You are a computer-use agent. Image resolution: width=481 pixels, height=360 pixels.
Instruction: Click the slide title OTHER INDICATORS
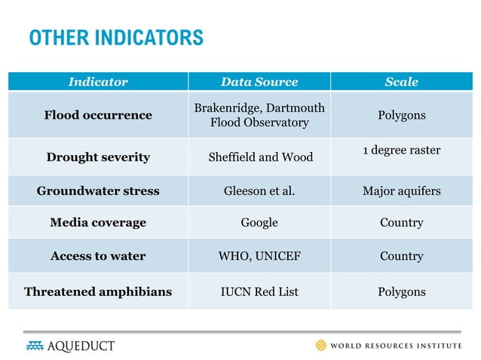coord(116,37)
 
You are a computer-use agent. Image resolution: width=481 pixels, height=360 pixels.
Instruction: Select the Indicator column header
coord(98,81)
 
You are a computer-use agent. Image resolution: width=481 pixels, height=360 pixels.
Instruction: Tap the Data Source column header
coord(259,81)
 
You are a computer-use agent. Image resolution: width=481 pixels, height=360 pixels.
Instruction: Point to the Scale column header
coord(401,81)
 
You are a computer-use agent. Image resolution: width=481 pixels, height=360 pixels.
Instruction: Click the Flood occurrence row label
coord(98,115)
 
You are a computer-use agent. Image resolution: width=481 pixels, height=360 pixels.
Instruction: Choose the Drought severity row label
coord(98,157)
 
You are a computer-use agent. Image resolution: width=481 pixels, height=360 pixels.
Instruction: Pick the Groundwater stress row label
coord(98,191)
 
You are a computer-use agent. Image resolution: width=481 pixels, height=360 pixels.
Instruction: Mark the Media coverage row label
coord(98,223)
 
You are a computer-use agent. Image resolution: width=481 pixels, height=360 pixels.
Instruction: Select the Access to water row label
coord(98,256)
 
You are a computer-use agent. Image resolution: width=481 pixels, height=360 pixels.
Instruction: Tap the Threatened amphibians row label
coord(98,291)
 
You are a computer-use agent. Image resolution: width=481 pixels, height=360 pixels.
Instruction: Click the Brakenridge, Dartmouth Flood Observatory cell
coord(259,115)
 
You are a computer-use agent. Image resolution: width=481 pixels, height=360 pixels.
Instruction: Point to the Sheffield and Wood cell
coord(259,157)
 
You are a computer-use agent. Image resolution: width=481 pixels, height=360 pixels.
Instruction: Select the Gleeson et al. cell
coord(259,191)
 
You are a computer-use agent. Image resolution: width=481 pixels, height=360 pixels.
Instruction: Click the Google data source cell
coord(259,223)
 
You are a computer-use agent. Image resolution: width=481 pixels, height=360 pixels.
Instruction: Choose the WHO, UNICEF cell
coord(259,256)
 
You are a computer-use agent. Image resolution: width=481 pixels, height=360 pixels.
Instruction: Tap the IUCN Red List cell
coord(259,291)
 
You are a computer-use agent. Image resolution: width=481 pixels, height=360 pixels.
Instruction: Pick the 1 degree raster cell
coord(401,151)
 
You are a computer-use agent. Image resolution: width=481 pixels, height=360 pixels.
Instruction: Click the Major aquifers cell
coord(401,191)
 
